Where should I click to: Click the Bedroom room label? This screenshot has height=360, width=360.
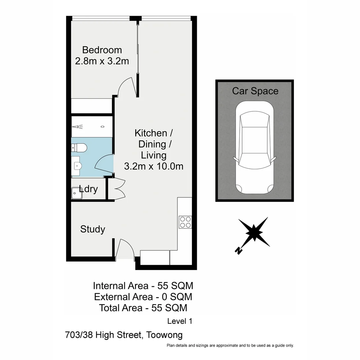coord(102,50)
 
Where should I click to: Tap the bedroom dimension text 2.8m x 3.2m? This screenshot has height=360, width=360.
coord(102,62)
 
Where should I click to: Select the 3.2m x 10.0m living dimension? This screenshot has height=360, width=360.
coord(154,166)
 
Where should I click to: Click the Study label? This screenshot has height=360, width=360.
coord(93,229)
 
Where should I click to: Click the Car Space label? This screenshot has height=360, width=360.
coord(255,91)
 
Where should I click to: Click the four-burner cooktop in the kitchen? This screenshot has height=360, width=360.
coord(185,222)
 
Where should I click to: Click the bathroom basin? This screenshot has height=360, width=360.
coord(77,165)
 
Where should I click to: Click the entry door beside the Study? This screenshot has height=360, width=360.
coord(126,248)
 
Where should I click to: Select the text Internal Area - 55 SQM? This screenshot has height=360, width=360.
coord(143,286)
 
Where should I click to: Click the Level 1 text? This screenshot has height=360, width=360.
coord(180,321)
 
